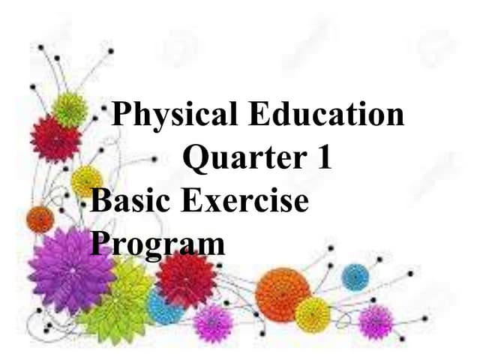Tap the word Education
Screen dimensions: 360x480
click(324, 115)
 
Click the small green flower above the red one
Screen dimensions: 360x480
click(70, 109)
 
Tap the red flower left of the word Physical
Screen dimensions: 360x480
click(55, 139)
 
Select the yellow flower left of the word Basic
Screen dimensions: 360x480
click(86, 181)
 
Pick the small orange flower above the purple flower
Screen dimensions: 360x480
click(40, 220)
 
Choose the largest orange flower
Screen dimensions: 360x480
click(282, 294)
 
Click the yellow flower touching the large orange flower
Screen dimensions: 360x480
click(313, 314)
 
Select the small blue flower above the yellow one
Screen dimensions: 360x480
click(355, 277)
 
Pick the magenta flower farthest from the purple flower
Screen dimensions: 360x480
click(376, 321)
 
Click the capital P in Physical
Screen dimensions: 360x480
click(122, 117)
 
